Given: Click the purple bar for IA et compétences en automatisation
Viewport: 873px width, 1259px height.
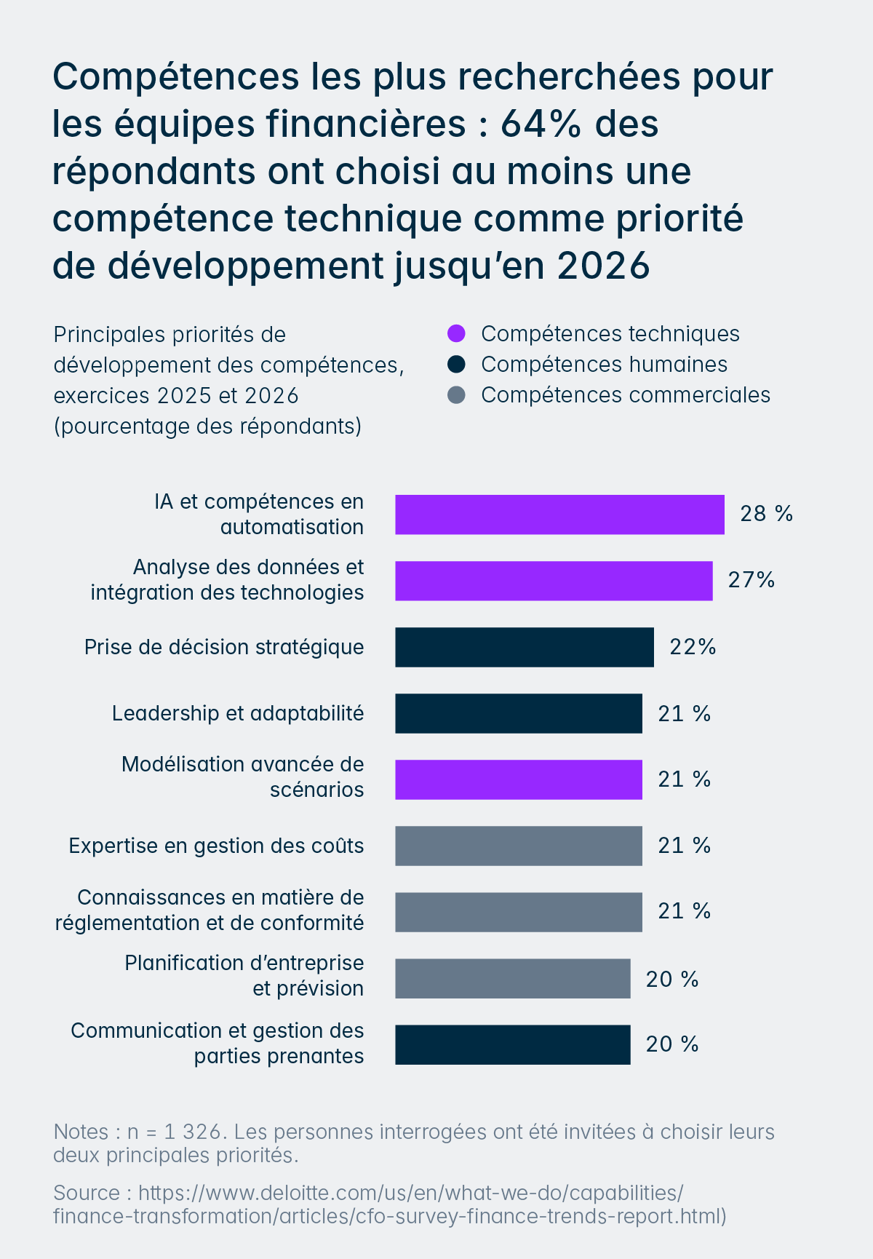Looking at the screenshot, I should click(559, 515).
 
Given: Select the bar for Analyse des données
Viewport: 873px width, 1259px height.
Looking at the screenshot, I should click(554, 581).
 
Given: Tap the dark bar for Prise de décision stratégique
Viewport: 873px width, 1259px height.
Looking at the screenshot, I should click(524, 647).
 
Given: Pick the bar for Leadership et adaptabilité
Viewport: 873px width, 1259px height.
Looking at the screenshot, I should click(518, 713).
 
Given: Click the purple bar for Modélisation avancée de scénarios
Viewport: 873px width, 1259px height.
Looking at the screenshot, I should click(518, 779).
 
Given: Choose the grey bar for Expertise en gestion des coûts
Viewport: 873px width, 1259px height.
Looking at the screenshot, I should click(518, 846).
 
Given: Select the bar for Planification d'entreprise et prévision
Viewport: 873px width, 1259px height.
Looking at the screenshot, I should click(512, 978).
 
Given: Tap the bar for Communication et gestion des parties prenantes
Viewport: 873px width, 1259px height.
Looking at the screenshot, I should click(512, 1044).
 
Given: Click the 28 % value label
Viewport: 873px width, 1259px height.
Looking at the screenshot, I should click(766, 514).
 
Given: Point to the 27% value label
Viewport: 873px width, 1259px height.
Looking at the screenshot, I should click(751, 580).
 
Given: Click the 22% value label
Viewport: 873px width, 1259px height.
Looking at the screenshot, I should click(693, 647).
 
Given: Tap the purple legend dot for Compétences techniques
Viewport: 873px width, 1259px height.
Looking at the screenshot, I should click(456, 334).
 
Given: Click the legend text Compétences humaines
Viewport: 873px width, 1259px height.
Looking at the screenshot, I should click(604, 365).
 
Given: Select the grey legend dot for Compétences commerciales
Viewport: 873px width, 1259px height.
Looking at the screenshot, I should click(456, 395).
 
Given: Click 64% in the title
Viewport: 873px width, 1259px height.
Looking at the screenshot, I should click(541, 124).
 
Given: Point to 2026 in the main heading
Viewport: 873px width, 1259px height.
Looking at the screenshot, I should click(603, 266).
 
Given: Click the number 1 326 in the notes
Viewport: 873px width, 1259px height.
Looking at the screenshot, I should click(192, 1132).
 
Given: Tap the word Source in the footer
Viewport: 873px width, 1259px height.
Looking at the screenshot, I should click(86, 1193).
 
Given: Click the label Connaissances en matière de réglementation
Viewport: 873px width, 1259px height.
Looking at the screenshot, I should click(210, 910).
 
